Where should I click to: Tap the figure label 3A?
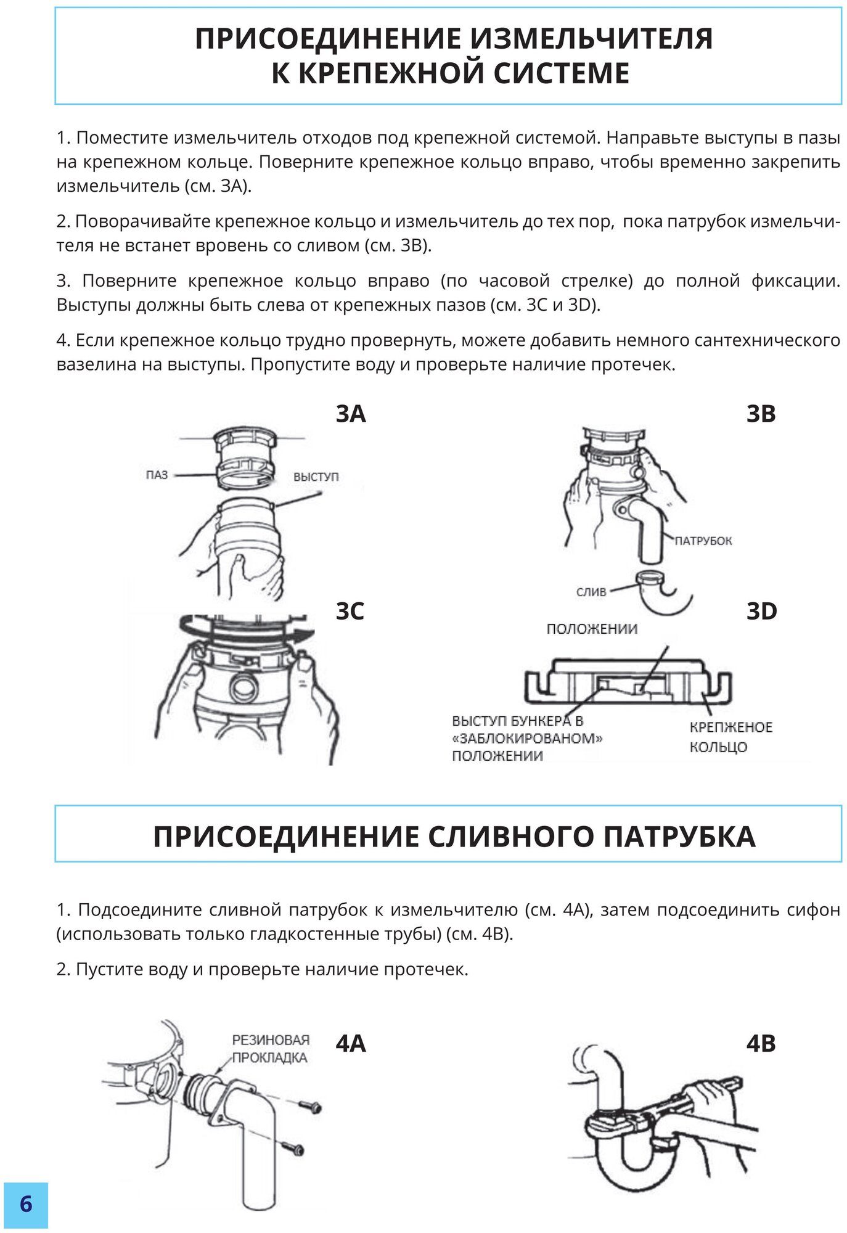pyautogui.click(x=351, y=414)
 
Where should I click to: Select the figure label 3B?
pyautogui.click(x=761, y=414)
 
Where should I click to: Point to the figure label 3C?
pyautogui.click(x=350, y=611)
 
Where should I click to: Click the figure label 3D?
pyautogui.click(x=761, y=611)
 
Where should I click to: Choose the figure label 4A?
pyautogui.click(x=351, y=1044)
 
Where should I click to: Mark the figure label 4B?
pyautogui.click(x=761, y=1044)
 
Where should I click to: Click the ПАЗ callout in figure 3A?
pyautogui.click(x=157, y=475)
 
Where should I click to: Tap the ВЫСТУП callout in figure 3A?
pyautogui.click(x=316, y=477)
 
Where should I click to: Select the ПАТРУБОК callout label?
pyautogui.click(x=703, y=541)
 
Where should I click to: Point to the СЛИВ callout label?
pyautogui.click(x=591, y=592)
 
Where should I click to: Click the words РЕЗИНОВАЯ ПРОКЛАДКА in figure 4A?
pyautogui.click(x=270, y=1049)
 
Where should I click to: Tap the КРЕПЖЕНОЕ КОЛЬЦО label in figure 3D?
pyautogui.click(x=730, y=737)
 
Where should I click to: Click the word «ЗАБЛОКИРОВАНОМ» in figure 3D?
pyautogui.click(x=527, y=738)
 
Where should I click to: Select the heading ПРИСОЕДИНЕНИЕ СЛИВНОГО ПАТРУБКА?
pyautogui.click(x=454, y=837)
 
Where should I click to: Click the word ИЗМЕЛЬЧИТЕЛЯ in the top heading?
pyautogui.click(x=592, y=39)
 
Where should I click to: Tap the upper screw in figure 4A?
pyautogui.click(x=309, y=1108)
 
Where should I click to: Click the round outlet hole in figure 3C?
pyautogui.click(x=242, y=685)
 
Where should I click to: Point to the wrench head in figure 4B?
pyautogui.click(x=607, y=1116)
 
